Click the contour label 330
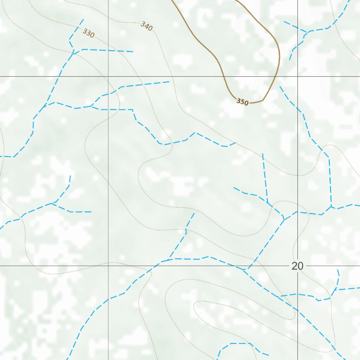click(89, 33)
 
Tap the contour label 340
click(146, 26)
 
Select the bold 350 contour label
click(242, 102)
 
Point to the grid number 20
click(297, 266)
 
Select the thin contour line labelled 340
click(165, 53)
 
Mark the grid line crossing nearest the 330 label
click(108, 76)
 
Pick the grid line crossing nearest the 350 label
click(298, 76)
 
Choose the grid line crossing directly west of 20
click(108, 266)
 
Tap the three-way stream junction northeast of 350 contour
click(307, 32)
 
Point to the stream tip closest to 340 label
click(133, 52)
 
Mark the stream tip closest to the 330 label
click(83, 19)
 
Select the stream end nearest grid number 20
click(338, 270)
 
